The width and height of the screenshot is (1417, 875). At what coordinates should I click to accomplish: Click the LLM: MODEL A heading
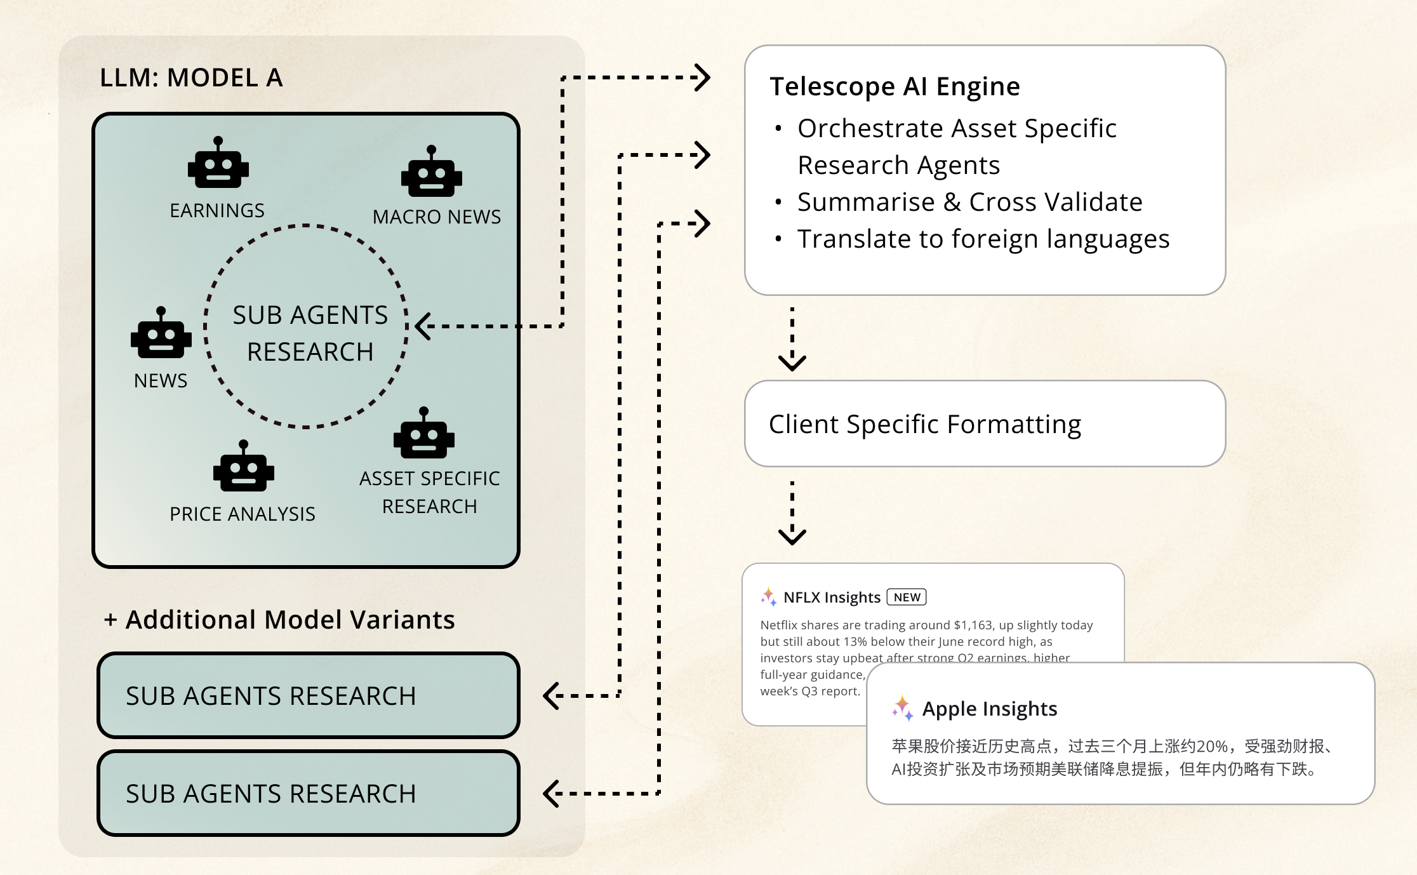191,78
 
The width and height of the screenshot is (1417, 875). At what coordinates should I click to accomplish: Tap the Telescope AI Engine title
895,87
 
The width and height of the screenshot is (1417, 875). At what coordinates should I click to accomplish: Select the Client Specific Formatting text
925,424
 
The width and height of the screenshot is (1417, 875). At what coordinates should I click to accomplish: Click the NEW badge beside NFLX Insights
907,598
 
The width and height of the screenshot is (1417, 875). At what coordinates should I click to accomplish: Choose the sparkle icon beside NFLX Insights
769,597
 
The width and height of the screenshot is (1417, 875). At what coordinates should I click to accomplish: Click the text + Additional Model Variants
279,620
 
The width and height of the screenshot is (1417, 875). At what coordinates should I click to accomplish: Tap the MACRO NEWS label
437,217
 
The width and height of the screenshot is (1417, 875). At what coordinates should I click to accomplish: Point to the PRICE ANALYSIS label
243,514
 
